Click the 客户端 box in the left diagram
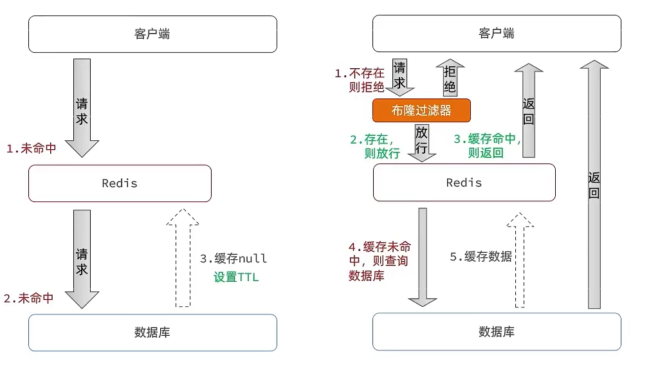(152, 33)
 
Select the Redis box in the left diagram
(120, 183)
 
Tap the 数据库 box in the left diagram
(152, 332)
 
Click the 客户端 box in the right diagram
(497, 33)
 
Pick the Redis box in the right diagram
(464, 183)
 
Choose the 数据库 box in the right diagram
(497, 331)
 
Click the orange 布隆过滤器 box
(421, 110)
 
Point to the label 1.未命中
(31, 149)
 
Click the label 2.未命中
(28, 298)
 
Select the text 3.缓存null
(233, 259)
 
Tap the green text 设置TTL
(236, 278)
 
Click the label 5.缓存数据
(481, 256)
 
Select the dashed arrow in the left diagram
(183, 257)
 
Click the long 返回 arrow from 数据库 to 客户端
(594, 183)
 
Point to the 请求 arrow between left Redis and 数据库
(82, 257)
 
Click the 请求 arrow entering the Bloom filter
(399, 77)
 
